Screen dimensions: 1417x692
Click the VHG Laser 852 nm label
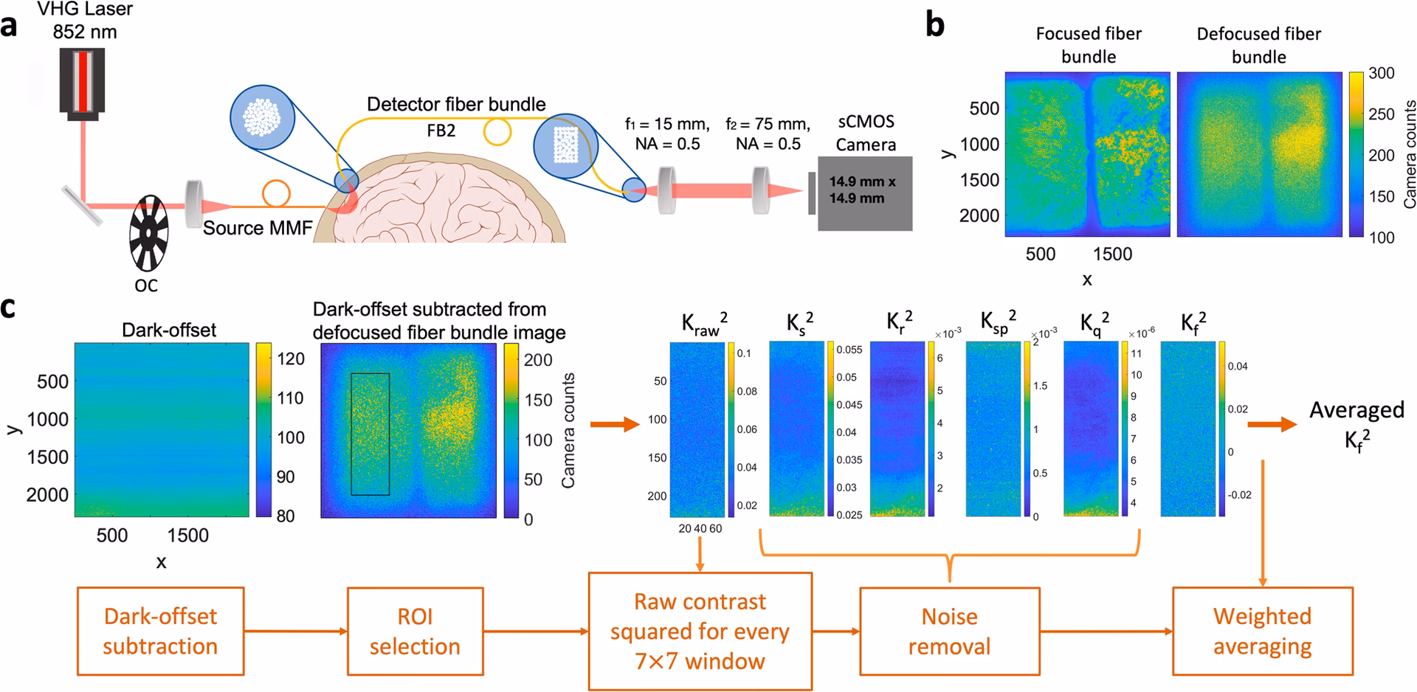[84, 21]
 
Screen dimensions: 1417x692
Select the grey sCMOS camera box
[864, 193]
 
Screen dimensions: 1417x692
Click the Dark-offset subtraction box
[160, 631]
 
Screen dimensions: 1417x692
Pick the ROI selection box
[415, 632]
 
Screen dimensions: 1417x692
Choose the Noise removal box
[949, 632]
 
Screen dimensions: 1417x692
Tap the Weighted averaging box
[1263, 632]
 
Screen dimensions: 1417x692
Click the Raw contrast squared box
[700, 632]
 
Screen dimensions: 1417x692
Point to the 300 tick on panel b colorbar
[1382, 73]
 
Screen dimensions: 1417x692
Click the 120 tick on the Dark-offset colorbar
[290, 359]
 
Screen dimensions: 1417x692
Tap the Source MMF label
[258, 228]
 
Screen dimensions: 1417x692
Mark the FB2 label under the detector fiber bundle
[441, 131]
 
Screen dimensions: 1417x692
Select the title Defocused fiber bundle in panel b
[1258, 45]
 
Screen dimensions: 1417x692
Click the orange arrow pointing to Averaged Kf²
[1272, 424]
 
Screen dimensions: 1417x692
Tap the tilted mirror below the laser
[83, 204]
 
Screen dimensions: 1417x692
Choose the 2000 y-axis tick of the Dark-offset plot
[47, 495]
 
